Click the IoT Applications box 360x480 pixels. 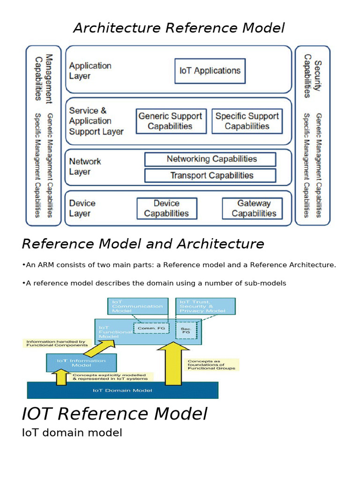[x=210, y=71]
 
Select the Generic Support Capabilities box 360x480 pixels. [x=170, y=121]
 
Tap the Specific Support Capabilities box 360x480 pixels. [x=247, y=121]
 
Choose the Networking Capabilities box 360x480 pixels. [x=210, y=159]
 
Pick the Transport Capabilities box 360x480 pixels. [x=210, y=176]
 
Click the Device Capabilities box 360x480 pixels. [x=166, y=209]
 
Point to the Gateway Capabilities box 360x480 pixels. [x=252, y=209]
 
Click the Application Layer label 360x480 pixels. [x=90, y=71]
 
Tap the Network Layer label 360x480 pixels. [x=85, y=166]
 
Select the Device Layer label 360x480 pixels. [x=82, y=209]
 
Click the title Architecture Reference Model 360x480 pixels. [x=179, y=28]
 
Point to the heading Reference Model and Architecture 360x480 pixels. [x=143, y=244]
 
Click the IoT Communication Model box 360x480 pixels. [x=137, y=306]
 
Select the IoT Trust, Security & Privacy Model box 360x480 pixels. [x=205, y=306]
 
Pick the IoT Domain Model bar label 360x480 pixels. [x=122, y=390]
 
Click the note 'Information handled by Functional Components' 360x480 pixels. [x=56, y=344]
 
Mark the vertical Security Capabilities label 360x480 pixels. [x=312, y=76]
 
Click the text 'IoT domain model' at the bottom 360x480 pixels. [x=72, y=433]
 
